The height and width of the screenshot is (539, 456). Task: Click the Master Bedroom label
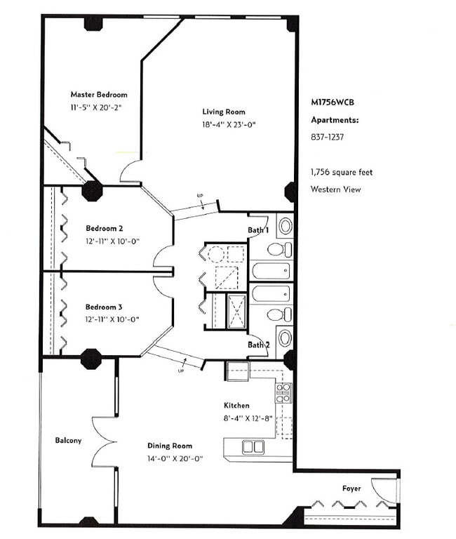pyautogui.click(x=99, y=95)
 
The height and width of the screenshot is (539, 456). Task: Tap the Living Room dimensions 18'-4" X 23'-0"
pyautogui.click(x=229, y=124)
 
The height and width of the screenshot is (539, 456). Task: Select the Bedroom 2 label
pyautogui.click(x=104, y=228)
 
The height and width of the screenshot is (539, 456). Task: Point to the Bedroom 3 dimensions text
pyautogui.click(x=112, y=319)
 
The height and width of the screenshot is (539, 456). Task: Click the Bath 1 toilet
pyautogui.click(x=279, y=249)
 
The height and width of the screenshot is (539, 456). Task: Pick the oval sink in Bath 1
pyautogui.click(x=286, y=226)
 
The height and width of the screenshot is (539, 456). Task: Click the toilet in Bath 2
pyautogui.click(x=279, y=314)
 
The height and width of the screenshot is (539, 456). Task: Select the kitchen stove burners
pyautogui.click(x=283, y=393)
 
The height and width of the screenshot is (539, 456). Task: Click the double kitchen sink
pyautogui.click(x=253, y=447)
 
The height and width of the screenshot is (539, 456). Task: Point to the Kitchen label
pyautogui.click(x=236, y=406)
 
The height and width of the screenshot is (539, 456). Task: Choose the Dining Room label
pyautogui.click(x=170, y=446)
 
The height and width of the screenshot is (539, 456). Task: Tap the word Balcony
pyautogui.click(x=68, y=440)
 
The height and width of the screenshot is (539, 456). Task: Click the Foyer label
pyautogui.click(x=351, y=488)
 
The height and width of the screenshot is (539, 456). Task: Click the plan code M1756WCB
pyautogui.click(x=333, y=102)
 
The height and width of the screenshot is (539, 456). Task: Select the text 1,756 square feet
pyautogui.click(x=342, y=172)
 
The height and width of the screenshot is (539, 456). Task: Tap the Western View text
pyautogui.click(x=336, y=189)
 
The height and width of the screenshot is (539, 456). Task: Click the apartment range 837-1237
pyautogui.click(x=327, y=137)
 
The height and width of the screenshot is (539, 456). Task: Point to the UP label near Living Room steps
pyautogui.click(x=200, y=196)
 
